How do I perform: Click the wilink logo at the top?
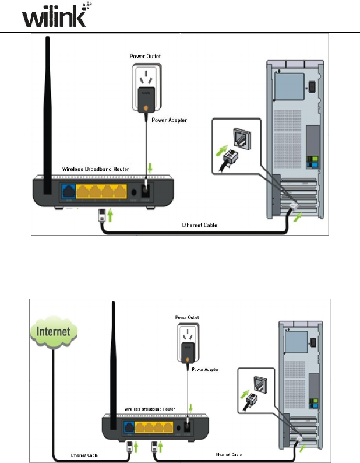[55, 15]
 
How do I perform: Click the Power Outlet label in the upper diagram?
[145, 57]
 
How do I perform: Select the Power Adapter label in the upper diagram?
[170, 121]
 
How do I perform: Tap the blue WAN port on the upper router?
[68, 191]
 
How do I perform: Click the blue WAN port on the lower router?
[128, 427]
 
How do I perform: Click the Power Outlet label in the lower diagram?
[187, 317]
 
